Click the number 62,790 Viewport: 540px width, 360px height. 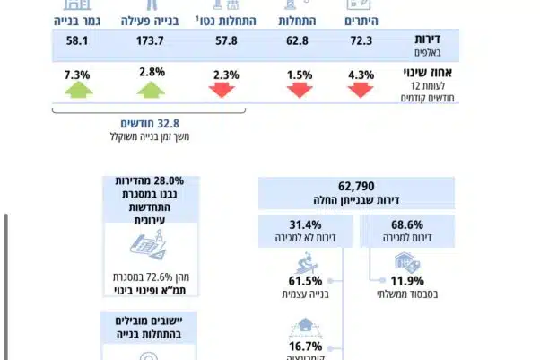(357, 186)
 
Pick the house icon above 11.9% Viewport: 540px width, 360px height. (405, 261)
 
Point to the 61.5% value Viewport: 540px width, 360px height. (306, 280)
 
